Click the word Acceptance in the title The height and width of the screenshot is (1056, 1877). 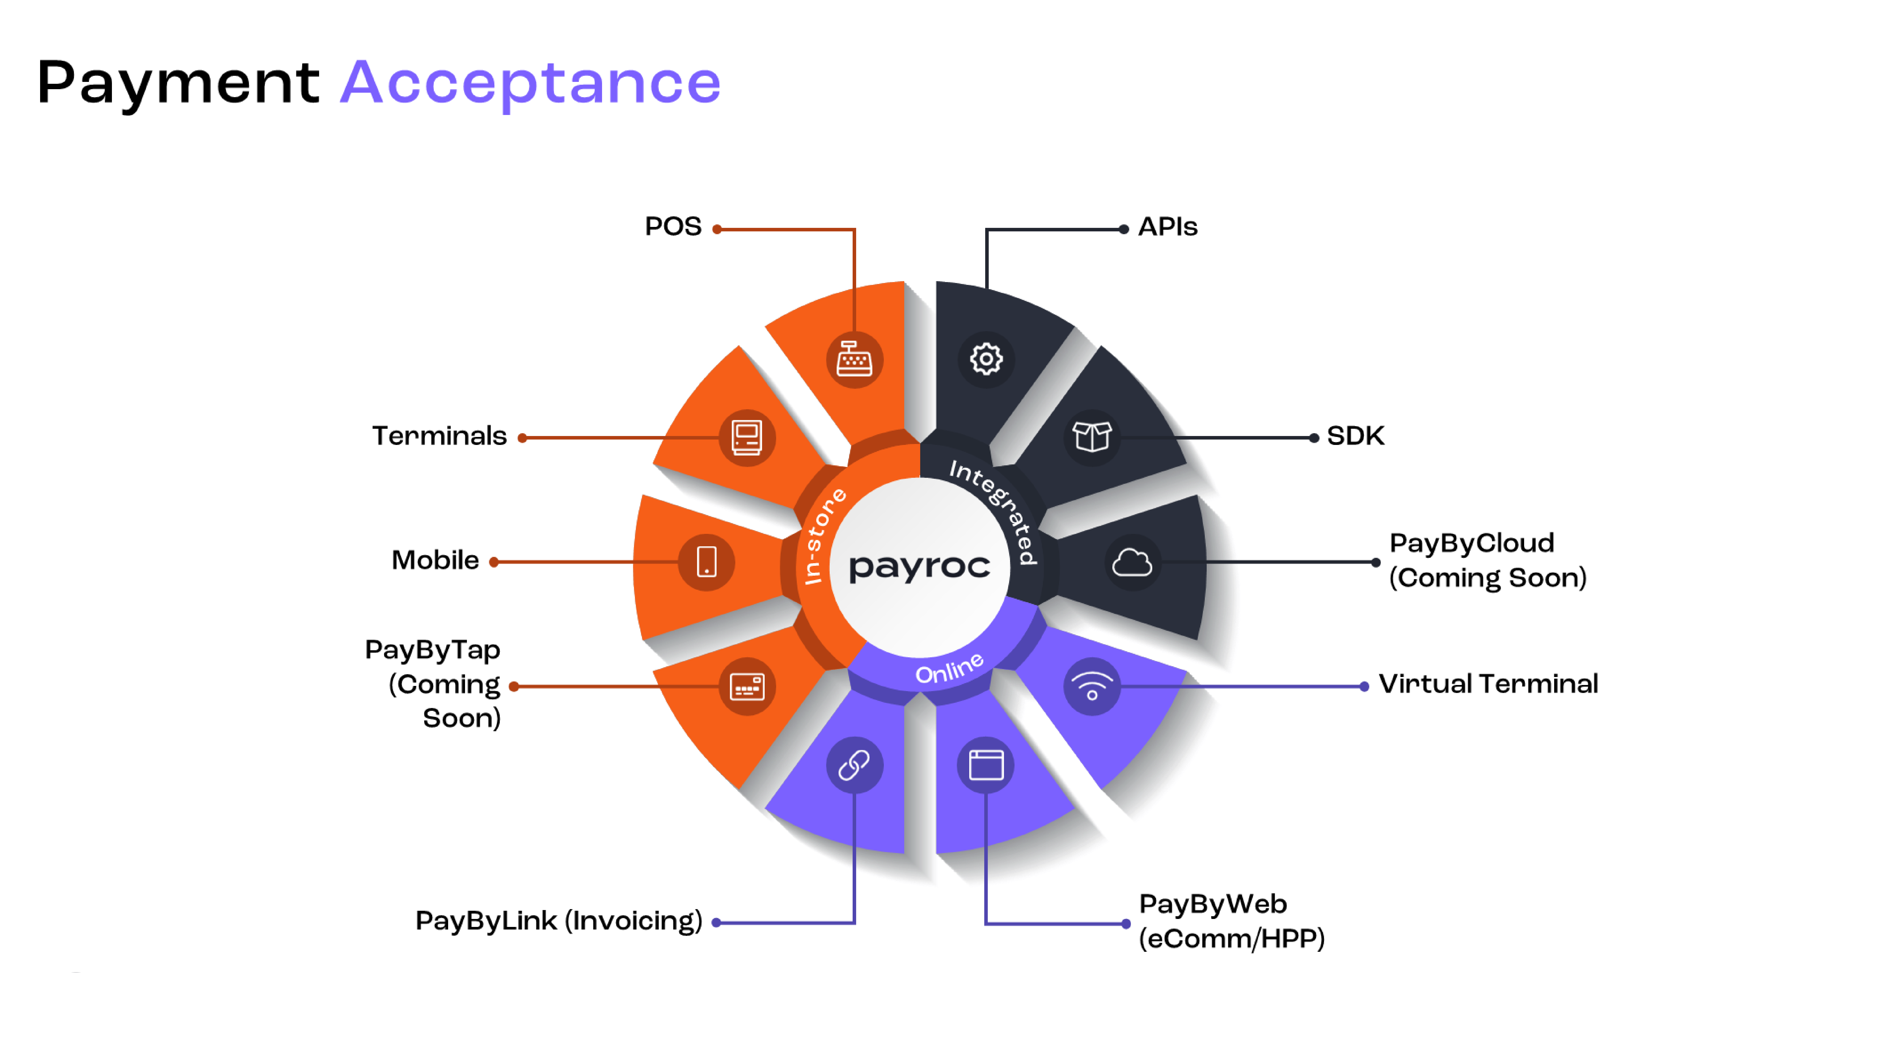click(x=530, y=83)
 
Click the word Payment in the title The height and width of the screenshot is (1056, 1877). click(x=179, y=83)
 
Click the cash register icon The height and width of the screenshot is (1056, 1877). click(x=854, y=359)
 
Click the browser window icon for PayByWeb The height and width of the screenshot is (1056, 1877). click(x=986, y=765)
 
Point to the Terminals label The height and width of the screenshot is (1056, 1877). click(x=439, y=436)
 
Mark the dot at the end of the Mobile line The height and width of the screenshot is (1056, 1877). click(x=494, y=562)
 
